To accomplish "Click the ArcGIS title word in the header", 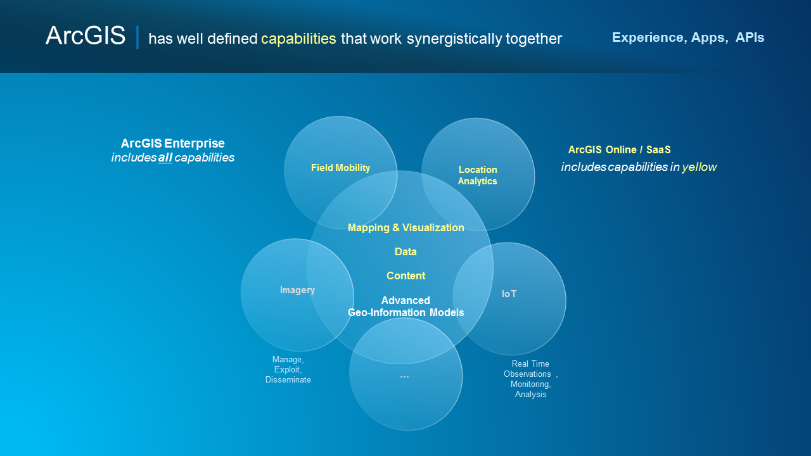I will coord(86,36).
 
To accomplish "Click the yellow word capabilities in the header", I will coord(298,39).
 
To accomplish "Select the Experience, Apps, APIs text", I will coord(688,37).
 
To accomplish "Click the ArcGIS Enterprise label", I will coord(172,144).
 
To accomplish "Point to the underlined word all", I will coord(165,158).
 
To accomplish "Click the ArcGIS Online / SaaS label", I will coord(619,150).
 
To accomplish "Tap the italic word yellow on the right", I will coord(699,167).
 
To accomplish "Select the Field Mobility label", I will coord(340,168).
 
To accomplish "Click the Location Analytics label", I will coord(478,175).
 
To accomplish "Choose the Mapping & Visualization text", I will coord(405,227).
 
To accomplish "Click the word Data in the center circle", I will coord(405,251).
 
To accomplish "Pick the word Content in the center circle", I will coord(405,275).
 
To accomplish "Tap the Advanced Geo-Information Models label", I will coord(405,307).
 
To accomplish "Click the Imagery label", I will coord(297,290).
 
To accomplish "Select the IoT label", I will coord(509,294).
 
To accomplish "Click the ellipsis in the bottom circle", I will coord(405,376).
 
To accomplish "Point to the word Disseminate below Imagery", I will coord(288,380).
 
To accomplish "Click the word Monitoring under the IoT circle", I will coord(530,384).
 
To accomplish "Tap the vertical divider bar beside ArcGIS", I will coord(137,37).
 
